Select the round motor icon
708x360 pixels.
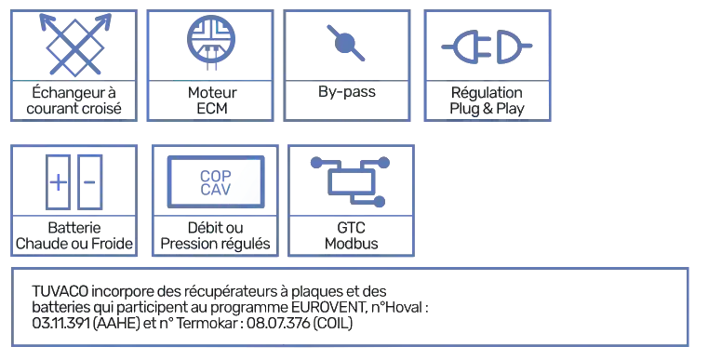tap(214, 40)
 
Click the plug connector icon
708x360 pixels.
tap(488, 44)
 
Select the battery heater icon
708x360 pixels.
tap(73, 176)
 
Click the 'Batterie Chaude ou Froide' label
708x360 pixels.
tap(74, 236)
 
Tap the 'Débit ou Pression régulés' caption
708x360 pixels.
tap(216, 236)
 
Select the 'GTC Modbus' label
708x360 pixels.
tap(351, 236)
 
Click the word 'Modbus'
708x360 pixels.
tap(351, 245)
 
